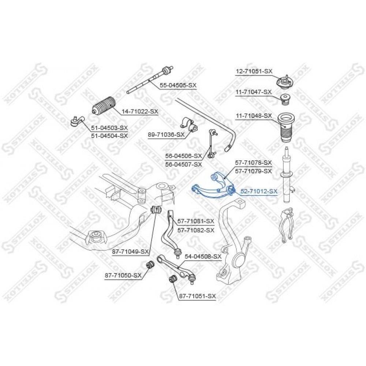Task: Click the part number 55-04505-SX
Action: click(178, 86)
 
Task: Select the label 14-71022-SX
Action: click(139, 112)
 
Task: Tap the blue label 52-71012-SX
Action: click(259, 192)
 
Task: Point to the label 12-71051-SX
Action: click(254, 71)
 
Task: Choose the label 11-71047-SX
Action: click(254, 92)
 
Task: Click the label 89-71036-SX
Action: click(166, 134)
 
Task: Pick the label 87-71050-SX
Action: click(123, 276)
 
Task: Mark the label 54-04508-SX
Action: click(203, 257)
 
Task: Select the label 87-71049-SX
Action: click(131, 252)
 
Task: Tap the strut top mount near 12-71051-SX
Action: click(284, 82)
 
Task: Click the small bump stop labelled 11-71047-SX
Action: click(285, 100)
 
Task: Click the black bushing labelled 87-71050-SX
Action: click(150, 265)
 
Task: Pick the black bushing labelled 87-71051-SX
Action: click(172, 279)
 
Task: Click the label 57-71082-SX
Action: click(196, 231)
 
